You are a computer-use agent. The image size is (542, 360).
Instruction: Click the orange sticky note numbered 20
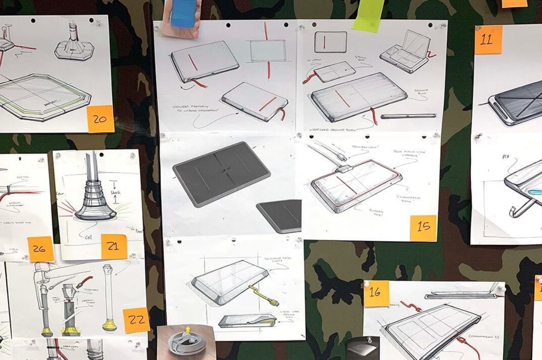[x=100, y=119]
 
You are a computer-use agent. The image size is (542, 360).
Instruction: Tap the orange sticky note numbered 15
[x=423, y=228]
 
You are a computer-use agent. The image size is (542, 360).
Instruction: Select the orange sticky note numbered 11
[x=488, y=40]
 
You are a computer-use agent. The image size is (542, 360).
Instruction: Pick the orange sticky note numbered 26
[x=41, y=249]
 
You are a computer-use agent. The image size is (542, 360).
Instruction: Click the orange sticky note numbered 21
[x=114, y=246]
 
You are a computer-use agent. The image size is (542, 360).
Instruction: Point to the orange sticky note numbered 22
[x=136, y=320]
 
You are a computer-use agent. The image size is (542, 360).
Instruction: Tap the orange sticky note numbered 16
[x=376, y=293]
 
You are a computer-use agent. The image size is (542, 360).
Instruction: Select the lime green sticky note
[x=368, y=15]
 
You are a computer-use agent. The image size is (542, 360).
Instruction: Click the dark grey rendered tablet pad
[x=221, y=173]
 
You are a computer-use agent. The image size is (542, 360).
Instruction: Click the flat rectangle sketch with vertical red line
[x=330, y=42]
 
